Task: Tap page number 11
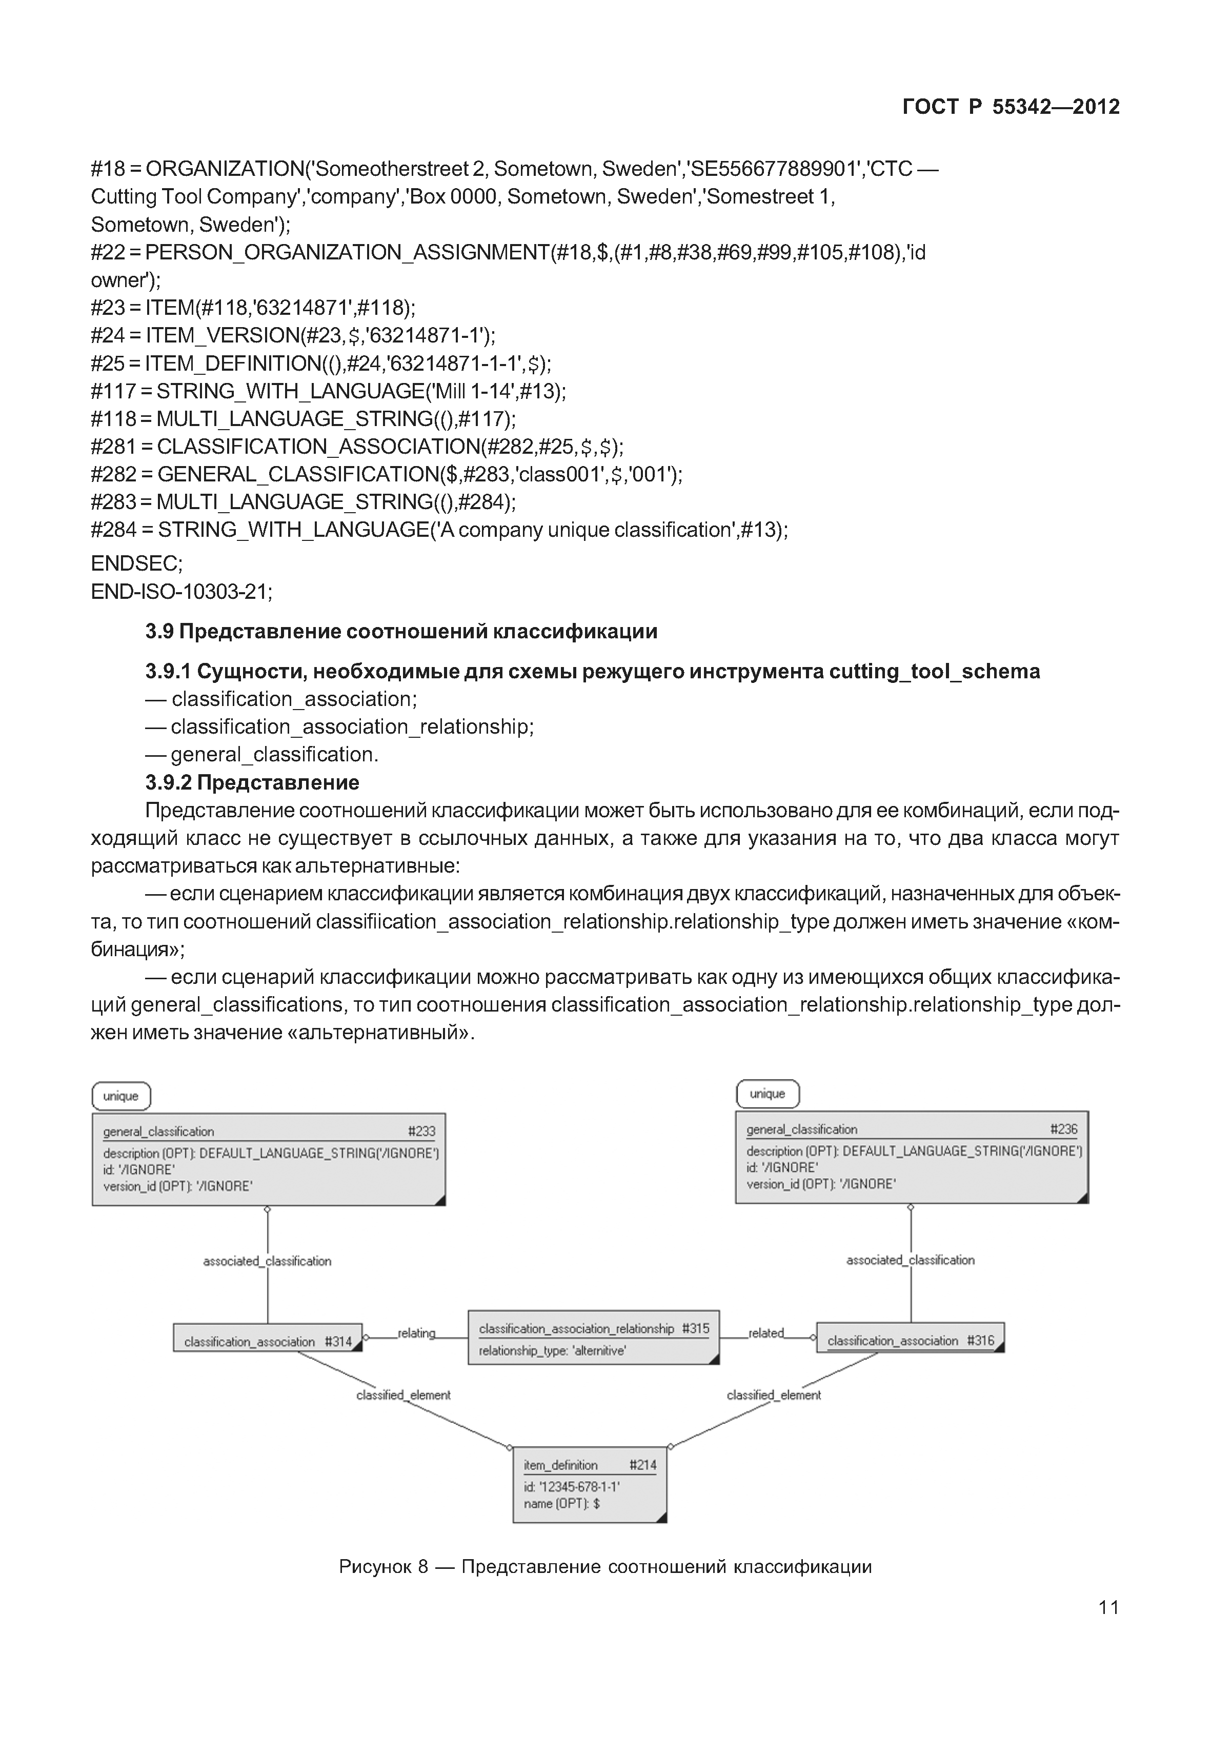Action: click(x=1108, y=1607)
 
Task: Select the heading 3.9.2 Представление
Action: click(x=252, y=782)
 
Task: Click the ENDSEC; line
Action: click(x=136, y=563)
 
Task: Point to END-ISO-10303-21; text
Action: click(x=181, y=591)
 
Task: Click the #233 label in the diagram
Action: click(x=421, y=1132)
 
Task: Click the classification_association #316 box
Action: click(x=910, y=1341)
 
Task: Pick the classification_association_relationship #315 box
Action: click(x=593, y=1338)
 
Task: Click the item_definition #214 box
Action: click(x=590, y=1484)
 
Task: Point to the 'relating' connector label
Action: click(x=416, y=1334)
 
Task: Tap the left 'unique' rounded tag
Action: click(x=122, y=1097)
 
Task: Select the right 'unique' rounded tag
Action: click(x=767, y=1094)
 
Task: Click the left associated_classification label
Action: click(x=267, y=1261)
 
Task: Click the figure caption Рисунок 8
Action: click(x=605, y=1567)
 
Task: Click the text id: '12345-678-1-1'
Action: click(x=571, y=1487)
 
